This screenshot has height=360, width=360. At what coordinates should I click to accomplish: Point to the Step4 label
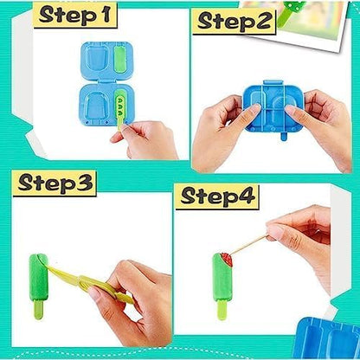click(x=218, y=196)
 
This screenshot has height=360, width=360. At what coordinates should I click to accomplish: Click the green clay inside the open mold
click(x=120, y=60)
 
